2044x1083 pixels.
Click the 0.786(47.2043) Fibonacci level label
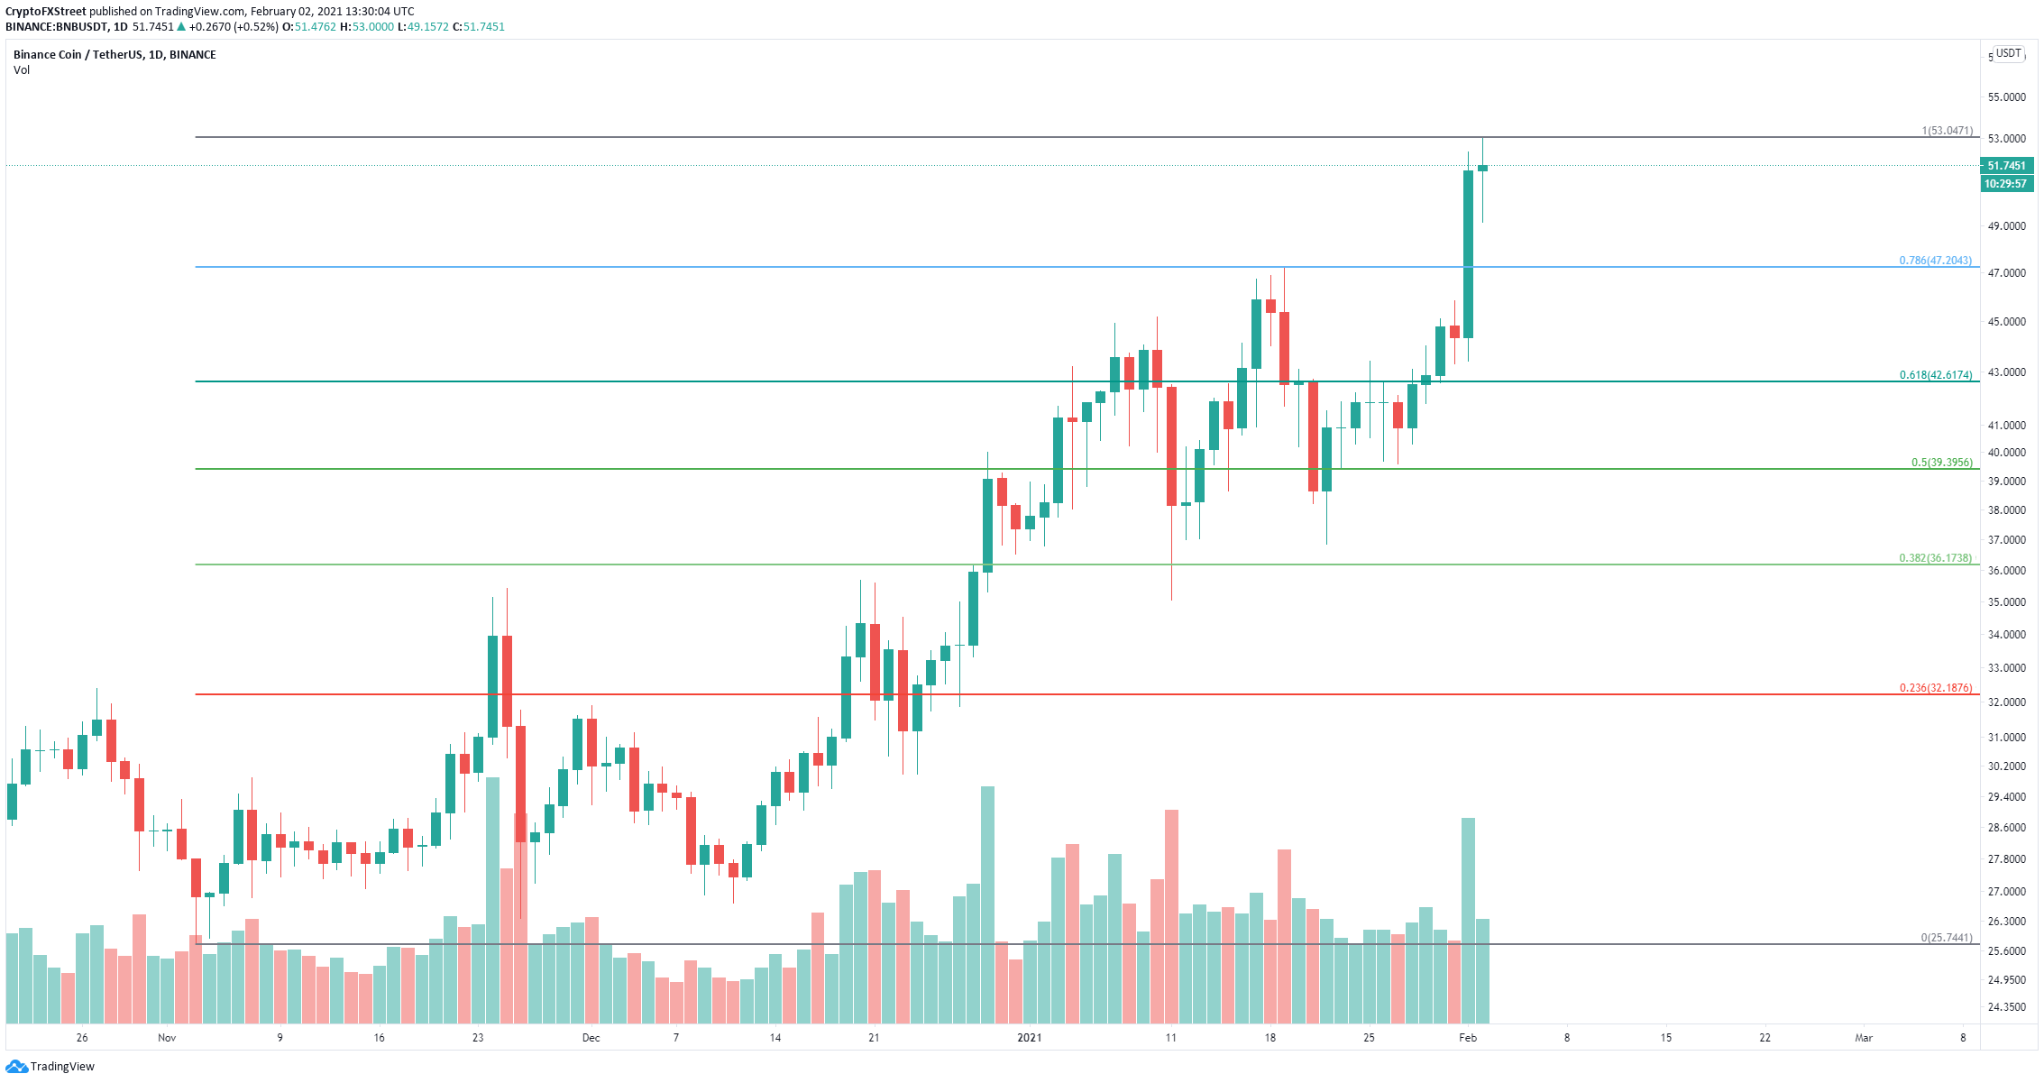coord(1935,261)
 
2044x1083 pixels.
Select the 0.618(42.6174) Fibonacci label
coord(1936,375)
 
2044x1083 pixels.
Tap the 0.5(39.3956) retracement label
coord(1942,463)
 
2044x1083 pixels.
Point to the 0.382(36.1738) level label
coord(1935,558)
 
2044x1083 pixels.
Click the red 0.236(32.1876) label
coord(1935,688)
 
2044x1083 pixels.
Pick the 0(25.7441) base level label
coord(1946,938)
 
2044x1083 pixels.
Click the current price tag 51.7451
coord(2006,166)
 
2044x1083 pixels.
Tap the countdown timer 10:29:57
coord(2006,184)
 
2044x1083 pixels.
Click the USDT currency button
coord(2009,53)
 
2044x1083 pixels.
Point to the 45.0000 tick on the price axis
coord(2006,322)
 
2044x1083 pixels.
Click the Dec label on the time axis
coord(591,1038)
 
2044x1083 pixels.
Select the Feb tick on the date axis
coord(1468,1038)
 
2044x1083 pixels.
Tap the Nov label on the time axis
coord(167,1038)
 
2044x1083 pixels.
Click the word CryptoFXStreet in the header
coord(45,12)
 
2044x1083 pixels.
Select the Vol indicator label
coord(22,70)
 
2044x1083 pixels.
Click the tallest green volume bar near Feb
coord(1468,921)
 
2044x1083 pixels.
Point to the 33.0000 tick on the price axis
coord(2006,668)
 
